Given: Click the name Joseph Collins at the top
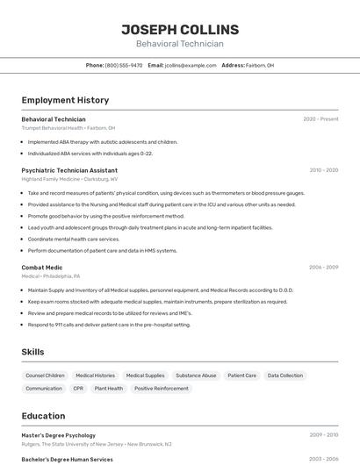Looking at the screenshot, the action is (179, 29).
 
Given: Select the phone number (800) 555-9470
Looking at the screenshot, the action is (124, 65).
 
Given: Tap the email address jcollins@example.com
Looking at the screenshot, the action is (191, 65).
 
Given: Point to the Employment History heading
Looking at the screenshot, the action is (65, 100).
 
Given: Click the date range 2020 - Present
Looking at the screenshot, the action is (320, 119).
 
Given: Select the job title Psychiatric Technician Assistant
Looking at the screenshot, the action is (69, 170).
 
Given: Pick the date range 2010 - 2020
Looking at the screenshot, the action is (323, 170).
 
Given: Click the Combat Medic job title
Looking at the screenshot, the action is (42, 267).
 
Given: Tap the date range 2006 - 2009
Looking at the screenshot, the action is (323, 267).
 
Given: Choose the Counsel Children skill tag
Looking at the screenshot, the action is (45, 376).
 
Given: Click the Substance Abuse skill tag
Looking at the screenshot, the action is (196, 376).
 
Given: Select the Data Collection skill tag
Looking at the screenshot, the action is (285, 376).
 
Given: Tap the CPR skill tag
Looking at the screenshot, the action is (78, 388).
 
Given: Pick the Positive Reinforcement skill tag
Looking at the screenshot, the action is (161, 388).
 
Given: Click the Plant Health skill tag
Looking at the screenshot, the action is (109, 388).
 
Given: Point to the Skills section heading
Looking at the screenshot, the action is (33, 352).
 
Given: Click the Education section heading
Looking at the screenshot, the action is (43, 416).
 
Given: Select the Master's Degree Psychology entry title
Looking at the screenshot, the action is (58, 434).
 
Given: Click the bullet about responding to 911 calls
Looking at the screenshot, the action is (109, 325).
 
